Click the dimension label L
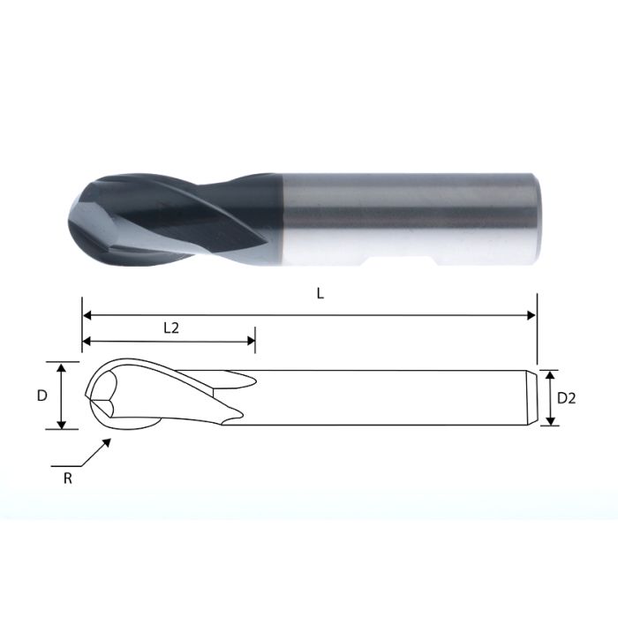coord(320,295)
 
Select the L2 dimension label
coord(171,327)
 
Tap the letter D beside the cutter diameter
coord(41,396)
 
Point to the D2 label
coord(566,398)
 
